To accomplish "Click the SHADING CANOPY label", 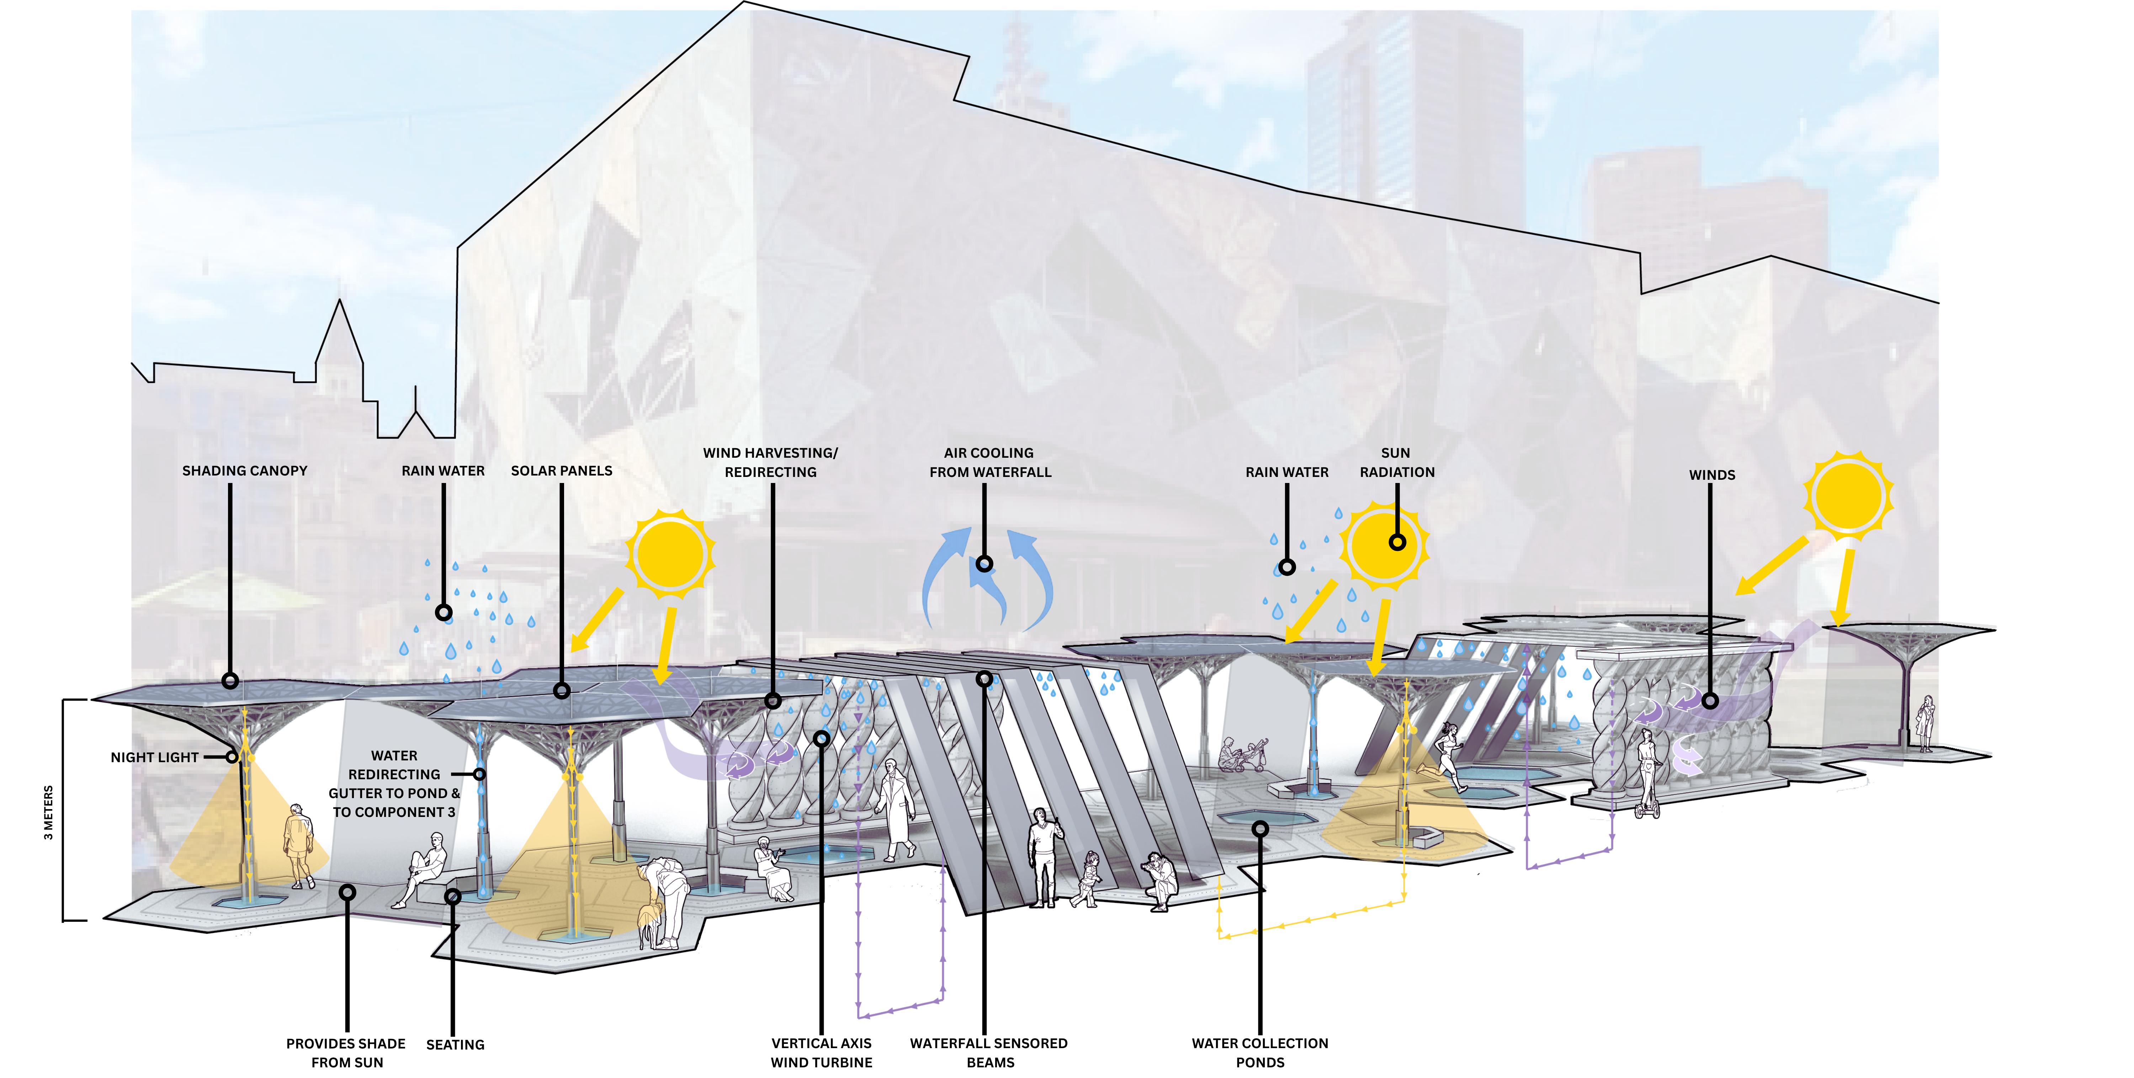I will click(x=244, y=471).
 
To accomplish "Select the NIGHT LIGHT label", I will click(x=155, y=757).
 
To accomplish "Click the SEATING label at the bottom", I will click(x=455, y=1045).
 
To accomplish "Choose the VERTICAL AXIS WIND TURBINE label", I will click(x=821, y=1052).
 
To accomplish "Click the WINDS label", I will click(x=1711, y=475).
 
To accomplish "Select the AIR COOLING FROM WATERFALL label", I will click(x=989, y=462).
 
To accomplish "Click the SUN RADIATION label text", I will click(x=1397, y=462).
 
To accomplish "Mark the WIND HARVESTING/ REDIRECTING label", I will click(x=770, y=462).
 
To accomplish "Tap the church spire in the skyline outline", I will click(x=339, y=331).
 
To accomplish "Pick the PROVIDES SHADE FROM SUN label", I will click(x=346, y=1052).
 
